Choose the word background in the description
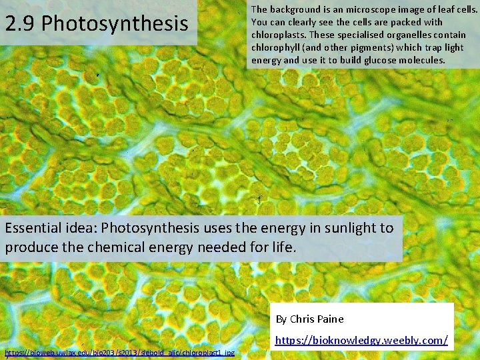[293, 9]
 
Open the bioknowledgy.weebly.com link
[361, 341]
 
